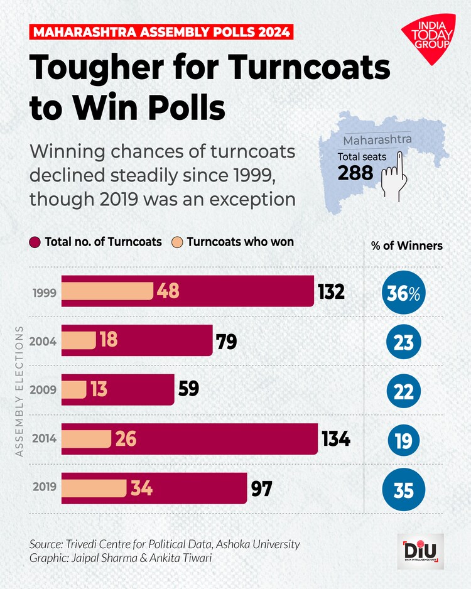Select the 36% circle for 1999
tap(403, 293)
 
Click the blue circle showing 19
tap(403, 441)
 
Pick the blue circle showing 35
tap(403, 489)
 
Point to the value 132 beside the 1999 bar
tap(331, 292)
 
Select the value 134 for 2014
tap(336, 438)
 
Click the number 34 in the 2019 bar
tap(141, 488)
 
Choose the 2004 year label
tap(43, 342)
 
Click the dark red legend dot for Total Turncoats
tap(35, 242)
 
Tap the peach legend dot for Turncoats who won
tap(177, 242)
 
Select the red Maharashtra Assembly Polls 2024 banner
tap(161, 32)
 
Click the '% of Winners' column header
tap(406, 246)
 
